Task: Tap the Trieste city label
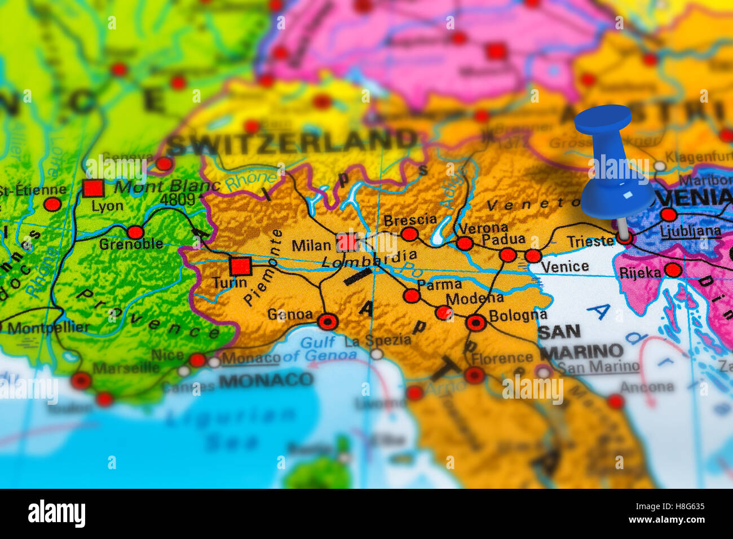pos(590,241)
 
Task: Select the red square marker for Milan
pos(347,242)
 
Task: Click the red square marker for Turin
pos(240,266)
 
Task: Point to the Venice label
pos(564,267)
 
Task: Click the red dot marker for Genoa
pos(328,321)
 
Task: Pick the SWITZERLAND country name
pos(292,142)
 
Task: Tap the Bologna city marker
pos(476,322)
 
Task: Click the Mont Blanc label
pos(166,186)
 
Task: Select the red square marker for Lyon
pos(93,188)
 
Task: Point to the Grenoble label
pos(131,244)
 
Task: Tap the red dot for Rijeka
pos(673,270)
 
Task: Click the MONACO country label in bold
pos(266,380)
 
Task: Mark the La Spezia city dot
pos(377,354)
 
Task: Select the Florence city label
pos(502,358)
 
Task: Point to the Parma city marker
pos(412,295)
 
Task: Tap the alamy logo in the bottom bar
pos(56,514)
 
